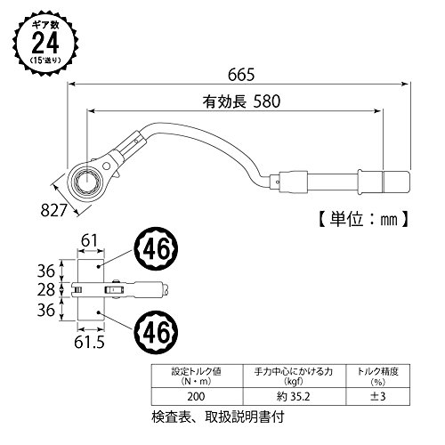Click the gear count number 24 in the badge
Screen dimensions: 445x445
pyautogui.click(x=45, y=43)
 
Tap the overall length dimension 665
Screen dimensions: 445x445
pyautogui.click(x=241, y=75)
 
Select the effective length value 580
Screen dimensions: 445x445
pyautogui.click(x=267, y=101)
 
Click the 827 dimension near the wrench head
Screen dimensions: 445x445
pyautogui.click(x=53, y=211)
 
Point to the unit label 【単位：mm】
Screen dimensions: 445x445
pyautogui.click(x=363, y=220)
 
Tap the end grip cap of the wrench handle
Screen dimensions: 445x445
pyautogui.click(x=397, y=181)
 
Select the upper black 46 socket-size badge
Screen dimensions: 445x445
pyautogui.click(x=157, y=248)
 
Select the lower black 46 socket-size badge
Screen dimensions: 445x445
pyautogui.click(x=157, y=332)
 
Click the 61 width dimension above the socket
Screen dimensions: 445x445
pyautogui.click(x=89, y=240)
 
